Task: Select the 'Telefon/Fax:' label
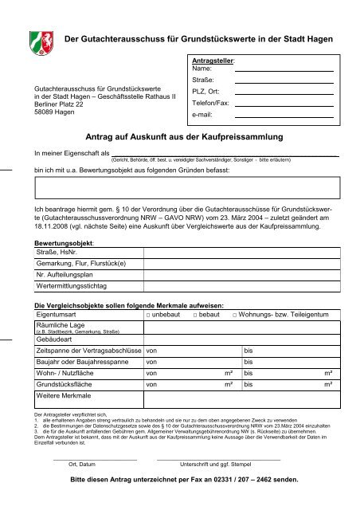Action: click(x=211, y=104)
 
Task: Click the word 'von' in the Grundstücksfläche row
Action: click(x=151, y=383)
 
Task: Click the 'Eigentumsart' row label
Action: click(x=55, y=316)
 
